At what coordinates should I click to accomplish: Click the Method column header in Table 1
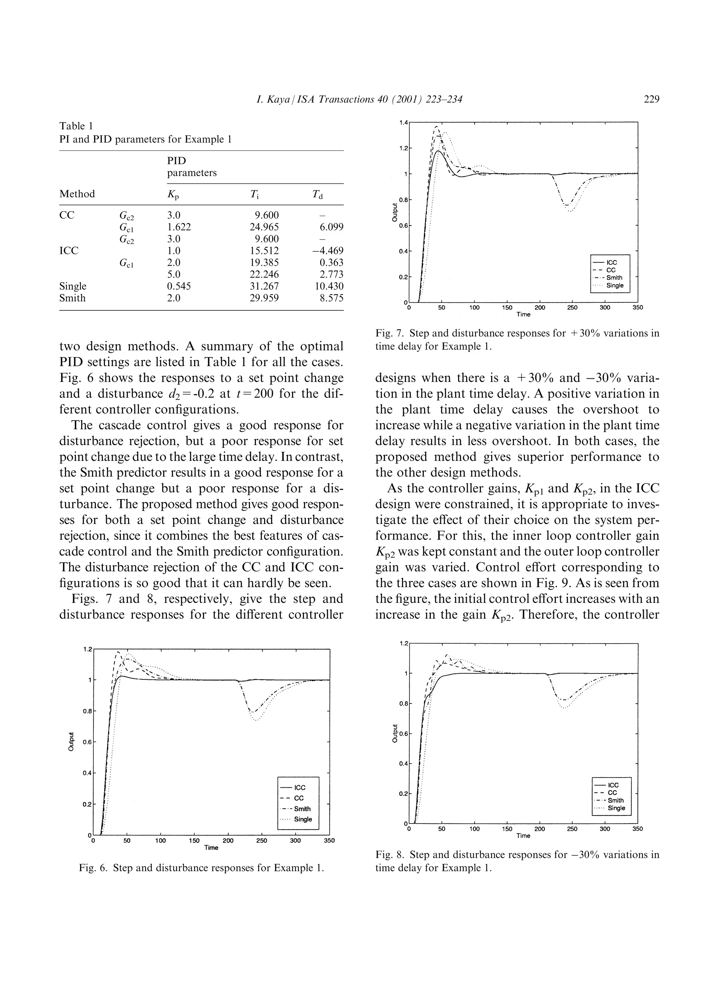pos(77,194)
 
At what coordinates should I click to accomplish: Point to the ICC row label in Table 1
pos(69,251)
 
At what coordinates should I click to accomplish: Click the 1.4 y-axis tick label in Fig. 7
pos(403,123)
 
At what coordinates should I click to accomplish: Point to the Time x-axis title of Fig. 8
pos(523,836)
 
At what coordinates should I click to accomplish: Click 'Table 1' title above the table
pos(76,126)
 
